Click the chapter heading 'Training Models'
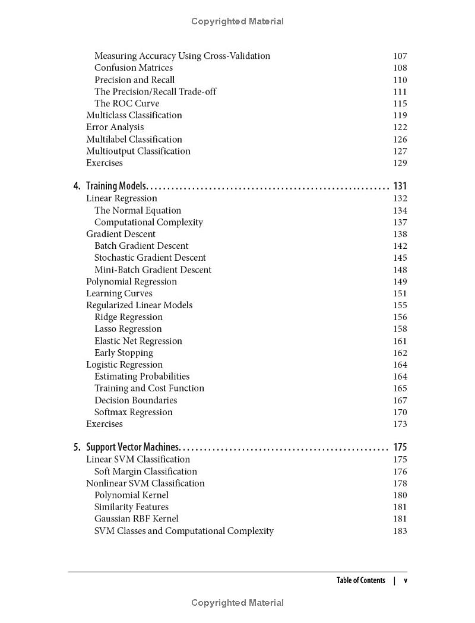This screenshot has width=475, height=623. (x=116, y=186)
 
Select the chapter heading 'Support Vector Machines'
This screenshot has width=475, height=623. (x=133, y=447)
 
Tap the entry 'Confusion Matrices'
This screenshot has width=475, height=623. (x=134, y=68)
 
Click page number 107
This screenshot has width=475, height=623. (x=400, y=56)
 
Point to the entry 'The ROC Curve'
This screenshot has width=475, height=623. (x=126, y=103)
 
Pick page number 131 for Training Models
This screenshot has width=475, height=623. (x=400, y=186)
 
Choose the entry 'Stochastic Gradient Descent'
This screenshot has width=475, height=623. (x=150, y=258)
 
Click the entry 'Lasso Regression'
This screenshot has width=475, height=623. (x=128, y=329)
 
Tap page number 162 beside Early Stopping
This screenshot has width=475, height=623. (x=400, y=353)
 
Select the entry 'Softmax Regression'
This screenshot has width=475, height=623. (x=134, y=412)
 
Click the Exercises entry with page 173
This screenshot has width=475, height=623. (x=104, y=424)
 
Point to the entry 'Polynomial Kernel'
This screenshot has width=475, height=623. (x=131, y=495)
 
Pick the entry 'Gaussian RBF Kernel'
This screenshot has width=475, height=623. (x=136, y=519)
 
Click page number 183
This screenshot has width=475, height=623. (x=400, y=531)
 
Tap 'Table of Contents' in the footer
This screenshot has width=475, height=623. (x=360, y=580)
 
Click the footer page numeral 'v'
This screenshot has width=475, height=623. (x=406, y=581)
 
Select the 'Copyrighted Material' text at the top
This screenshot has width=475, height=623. (x=237, y=21)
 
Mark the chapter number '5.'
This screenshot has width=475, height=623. (x=77, y=447)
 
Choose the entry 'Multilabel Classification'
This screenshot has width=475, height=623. (x=134, y=139)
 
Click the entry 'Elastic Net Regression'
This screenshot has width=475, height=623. (x=138, y=341)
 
